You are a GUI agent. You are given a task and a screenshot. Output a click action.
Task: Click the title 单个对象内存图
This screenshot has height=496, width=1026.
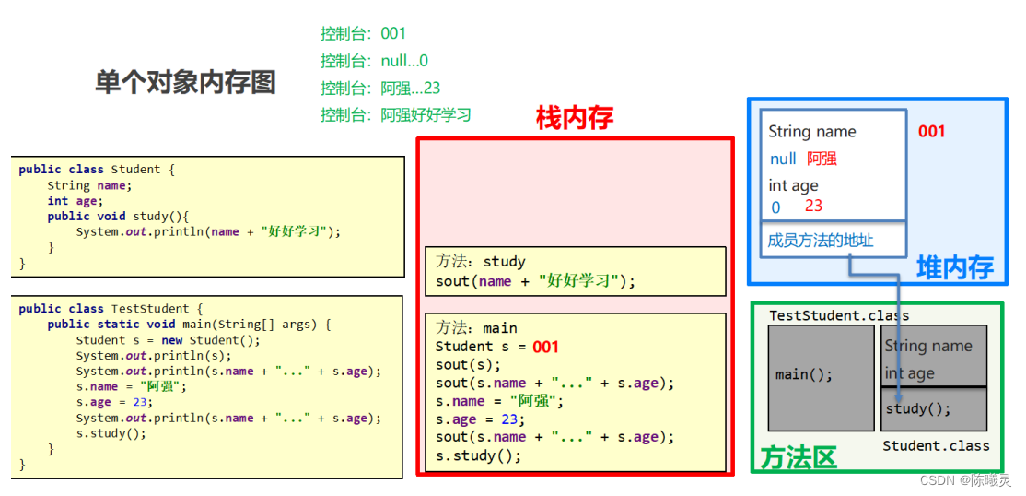185,82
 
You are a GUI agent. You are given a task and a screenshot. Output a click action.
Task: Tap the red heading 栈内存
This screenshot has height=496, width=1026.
574,117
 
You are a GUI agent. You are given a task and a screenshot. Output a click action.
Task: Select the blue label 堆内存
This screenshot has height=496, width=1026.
954,267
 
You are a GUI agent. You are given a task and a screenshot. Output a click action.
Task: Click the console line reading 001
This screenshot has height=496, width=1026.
363,33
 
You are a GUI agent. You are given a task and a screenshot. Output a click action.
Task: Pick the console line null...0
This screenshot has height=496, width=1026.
374,61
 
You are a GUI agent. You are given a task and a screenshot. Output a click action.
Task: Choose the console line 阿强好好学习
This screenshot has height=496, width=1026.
395,115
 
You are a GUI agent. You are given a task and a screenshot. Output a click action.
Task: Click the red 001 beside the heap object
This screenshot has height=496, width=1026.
931,131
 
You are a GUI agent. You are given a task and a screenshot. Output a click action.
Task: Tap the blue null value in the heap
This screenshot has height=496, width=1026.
783,159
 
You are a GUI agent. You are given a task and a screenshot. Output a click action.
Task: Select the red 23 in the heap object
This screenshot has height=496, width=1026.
813,206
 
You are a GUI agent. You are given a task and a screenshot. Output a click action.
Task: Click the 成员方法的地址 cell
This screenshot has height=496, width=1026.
821,241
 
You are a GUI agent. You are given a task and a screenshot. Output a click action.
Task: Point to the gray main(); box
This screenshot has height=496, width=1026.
804,374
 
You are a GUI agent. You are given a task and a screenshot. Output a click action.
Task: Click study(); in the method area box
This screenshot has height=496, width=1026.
917,408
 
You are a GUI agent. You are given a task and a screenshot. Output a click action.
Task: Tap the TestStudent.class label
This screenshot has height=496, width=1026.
839,315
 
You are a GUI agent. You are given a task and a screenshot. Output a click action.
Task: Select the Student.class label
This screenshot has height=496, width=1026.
936,445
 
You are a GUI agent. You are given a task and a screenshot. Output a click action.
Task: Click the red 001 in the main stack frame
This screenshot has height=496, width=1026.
545,347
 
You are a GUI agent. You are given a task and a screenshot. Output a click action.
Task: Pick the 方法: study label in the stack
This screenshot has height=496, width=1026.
481,262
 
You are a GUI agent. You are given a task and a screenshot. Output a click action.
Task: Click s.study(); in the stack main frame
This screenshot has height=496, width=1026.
478,455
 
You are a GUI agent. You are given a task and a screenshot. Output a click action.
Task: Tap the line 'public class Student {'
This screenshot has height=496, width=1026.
96,170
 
